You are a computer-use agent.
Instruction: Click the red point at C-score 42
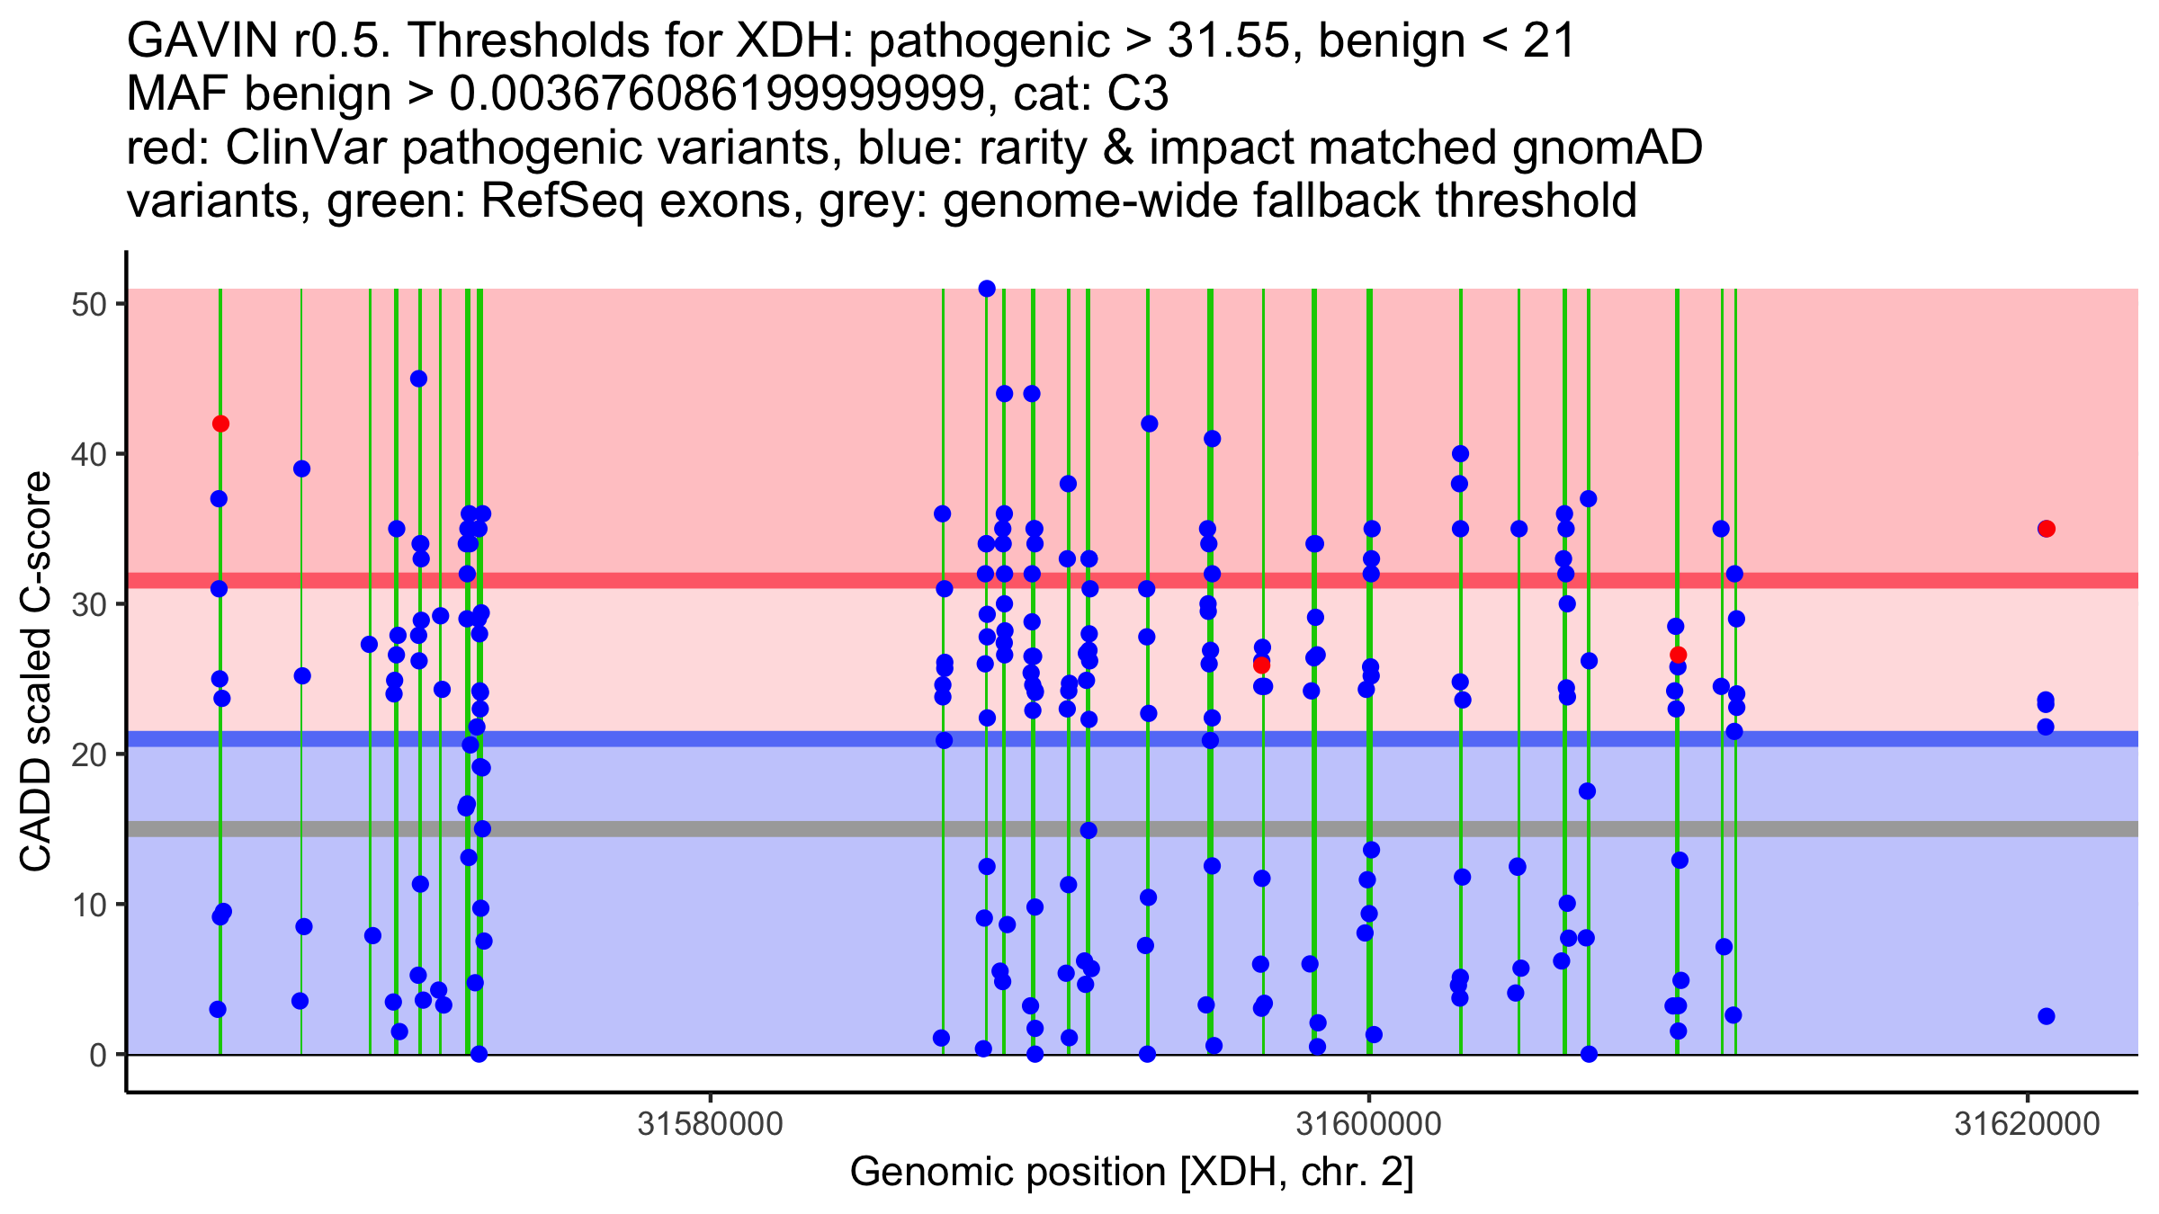click(220, 424)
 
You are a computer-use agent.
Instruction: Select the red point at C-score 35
click(2047, 529)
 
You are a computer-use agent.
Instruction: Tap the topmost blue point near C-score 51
click(987, 289)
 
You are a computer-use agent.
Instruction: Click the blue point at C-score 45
click(418, 379)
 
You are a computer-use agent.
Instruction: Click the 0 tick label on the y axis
click(97, 1054)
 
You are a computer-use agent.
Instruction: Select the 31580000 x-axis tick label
click(711, 1124)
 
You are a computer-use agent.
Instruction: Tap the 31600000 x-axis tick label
click(1369, 1124)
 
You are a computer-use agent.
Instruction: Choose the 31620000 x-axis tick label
click(2028, 1124)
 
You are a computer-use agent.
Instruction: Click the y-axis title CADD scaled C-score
click(36, 672)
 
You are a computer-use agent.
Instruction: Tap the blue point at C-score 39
click(301, 469)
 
